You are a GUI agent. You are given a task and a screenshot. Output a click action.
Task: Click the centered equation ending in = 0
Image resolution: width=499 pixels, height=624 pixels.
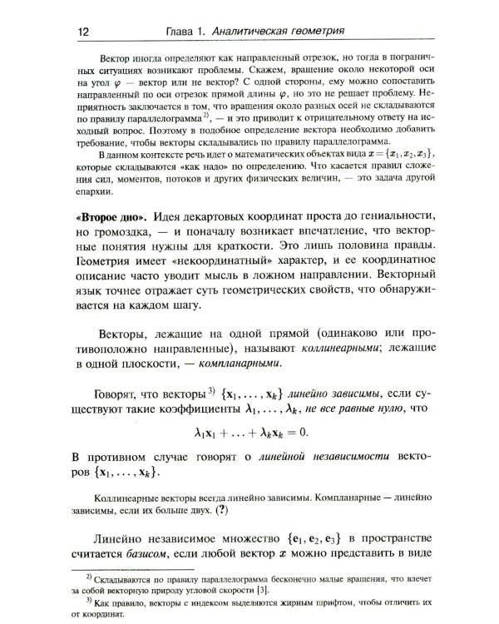click(x=250, y=431)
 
